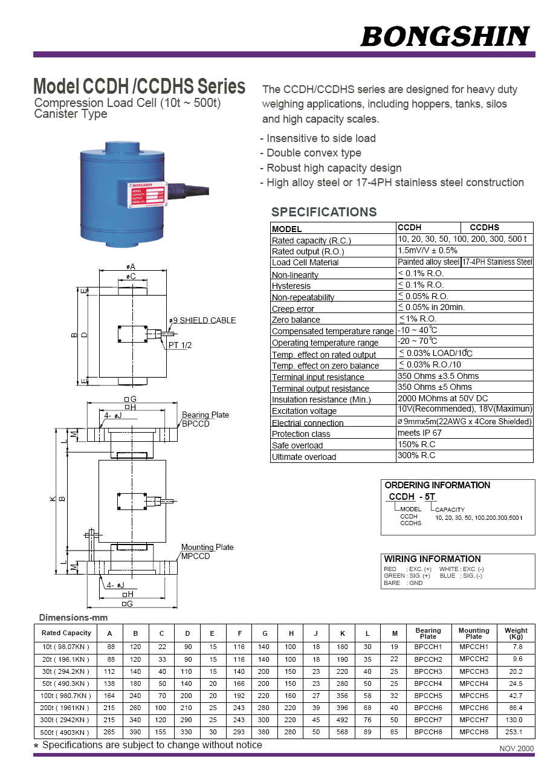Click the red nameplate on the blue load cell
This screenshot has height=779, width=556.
coord(146,194)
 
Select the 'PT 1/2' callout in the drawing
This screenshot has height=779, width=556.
coord(179,345)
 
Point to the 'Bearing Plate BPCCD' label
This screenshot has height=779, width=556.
coord(205,419)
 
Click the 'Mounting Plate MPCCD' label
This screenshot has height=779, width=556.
coord(207,551)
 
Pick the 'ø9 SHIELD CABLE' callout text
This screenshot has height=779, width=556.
coord(202,320)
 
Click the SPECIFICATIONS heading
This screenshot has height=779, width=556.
coord(323,212)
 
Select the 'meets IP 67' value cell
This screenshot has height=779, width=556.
coord(419,433)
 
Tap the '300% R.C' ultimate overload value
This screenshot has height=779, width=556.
coord(416,456)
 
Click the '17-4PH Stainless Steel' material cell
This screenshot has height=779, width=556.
coord(497,262)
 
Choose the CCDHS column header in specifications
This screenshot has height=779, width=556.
coord(485,228)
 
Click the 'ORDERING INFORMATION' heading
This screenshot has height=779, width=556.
coord(438,485)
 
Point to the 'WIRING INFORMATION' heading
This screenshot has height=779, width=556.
coord(433,559)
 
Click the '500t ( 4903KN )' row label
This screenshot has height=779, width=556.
coord(66,732)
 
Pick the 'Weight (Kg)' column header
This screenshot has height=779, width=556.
coord(516,633)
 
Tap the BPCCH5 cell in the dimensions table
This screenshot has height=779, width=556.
coord(428,696)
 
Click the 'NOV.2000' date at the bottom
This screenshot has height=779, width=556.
coord(517,748)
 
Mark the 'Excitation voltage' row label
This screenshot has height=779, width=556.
coord(304,411)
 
